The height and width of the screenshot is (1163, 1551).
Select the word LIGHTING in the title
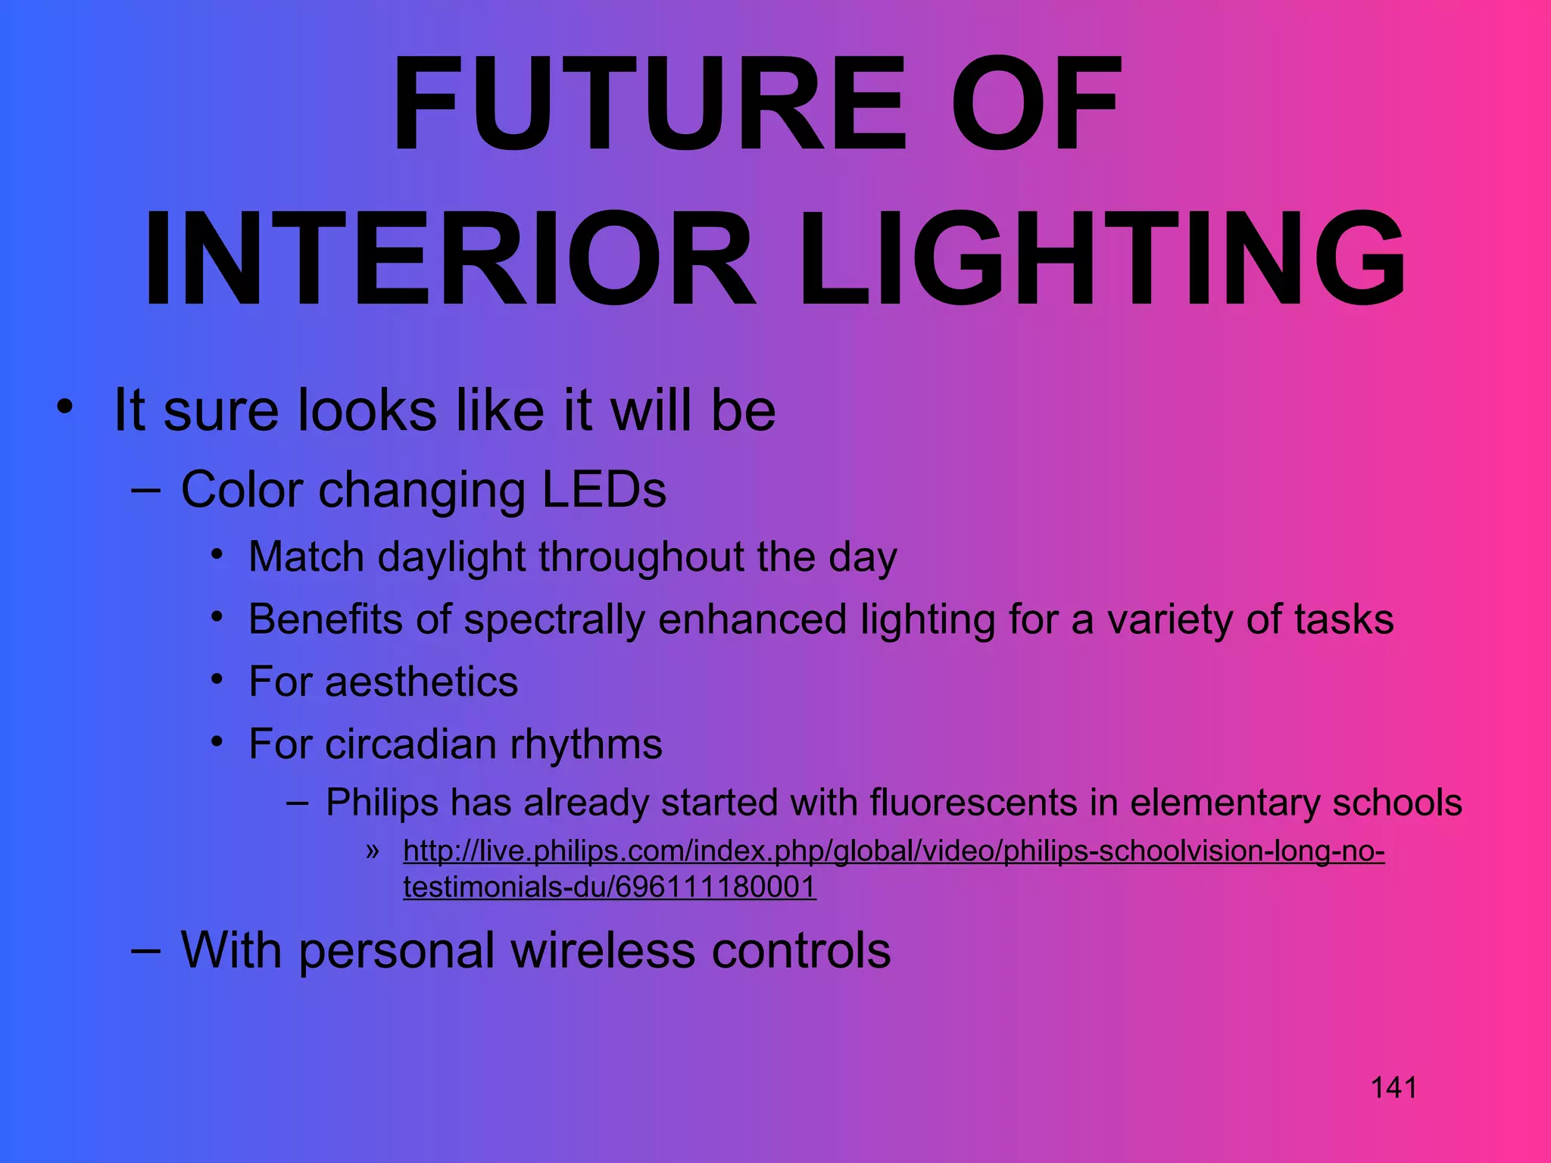pyautogui.click(x=1102, y=259)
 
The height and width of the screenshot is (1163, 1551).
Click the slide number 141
pyautogui.click(x=1393, y=1088)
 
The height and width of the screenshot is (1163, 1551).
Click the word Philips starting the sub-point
pyautogui.click(x=382, y=803)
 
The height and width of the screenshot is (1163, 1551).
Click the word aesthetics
pyautogui.click(x=421, y=681)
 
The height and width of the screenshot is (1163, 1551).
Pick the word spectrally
pyautogui.click(x=554, y=619)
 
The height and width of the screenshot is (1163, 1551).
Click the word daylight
pyautogui.click(x=451, y=557)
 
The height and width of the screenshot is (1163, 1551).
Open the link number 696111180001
pyautogui.click(x=716, y=887)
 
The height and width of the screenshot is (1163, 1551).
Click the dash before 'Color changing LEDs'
pyautogui.click(x=145, y=490)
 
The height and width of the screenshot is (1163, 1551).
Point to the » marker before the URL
pyautogui.click(x=372, y=851)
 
